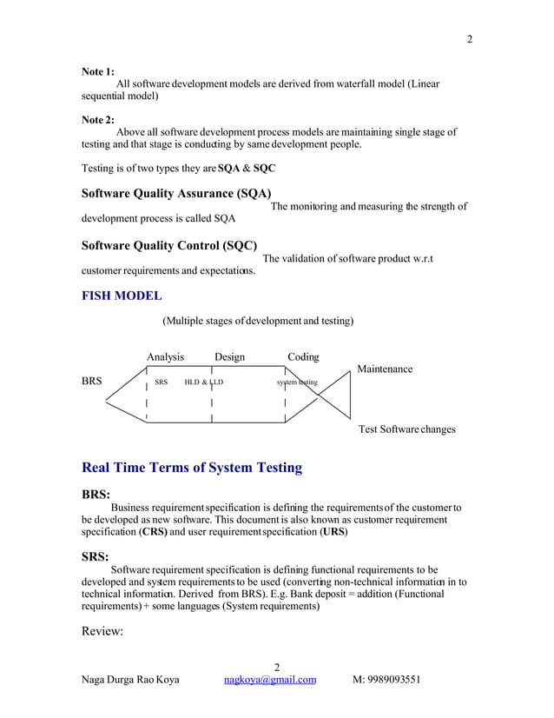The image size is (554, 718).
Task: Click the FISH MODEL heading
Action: tap(121, 296)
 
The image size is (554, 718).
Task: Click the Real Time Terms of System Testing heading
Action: tap(191, 468)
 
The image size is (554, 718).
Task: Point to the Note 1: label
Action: tap(97, 71)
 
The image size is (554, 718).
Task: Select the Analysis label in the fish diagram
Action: tap(165, 357)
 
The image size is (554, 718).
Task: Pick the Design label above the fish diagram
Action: tap(229, 357)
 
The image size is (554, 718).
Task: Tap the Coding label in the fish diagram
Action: tap(303, 357)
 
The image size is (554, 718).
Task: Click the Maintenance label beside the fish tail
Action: tap(385, 369)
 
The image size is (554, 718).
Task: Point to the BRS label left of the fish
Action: tap(91, 382)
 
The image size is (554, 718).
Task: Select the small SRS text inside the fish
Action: tap(161, 382)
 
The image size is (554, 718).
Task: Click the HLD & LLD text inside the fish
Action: tap(204, 382)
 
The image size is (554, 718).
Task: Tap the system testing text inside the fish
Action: tap(297, 382)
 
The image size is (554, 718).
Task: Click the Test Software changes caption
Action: tap(406, 429)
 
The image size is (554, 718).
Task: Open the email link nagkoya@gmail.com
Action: tap(269, 680)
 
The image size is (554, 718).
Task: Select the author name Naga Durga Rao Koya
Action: tap(130, 680)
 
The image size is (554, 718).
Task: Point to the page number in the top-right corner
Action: tap(470, 40)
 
